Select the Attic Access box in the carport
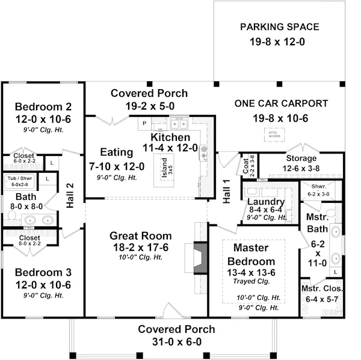click(x=274, y=134)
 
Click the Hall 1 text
click(x=227, y=191)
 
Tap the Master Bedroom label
click(x=250, y=254)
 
